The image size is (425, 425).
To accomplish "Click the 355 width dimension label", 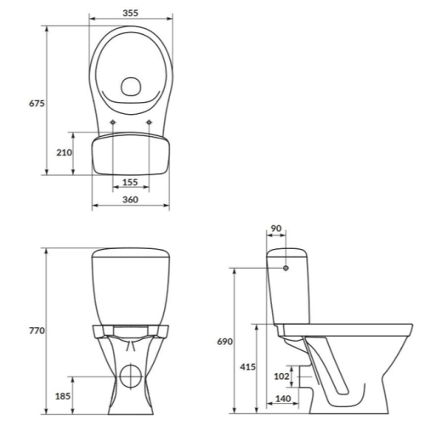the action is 130,13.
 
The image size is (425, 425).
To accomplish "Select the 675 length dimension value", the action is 37,104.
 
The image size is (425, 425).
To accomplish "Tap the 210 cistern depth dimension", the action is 64,152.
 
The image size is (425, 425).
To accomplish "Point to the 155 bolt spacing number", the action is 130,182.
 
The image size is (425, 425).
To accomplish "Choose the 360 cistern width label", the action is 130,200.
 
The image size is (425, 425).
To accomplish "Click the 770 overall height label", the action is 37,331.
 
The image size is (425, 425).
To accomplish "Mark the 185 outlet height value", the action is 63,396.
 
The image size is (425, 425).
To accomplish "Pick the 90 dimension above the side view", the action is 276,229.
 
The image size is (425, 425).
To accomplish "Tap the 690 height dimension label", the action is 224,342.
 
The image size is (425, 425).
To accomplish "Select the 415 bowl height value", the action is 247,367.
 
